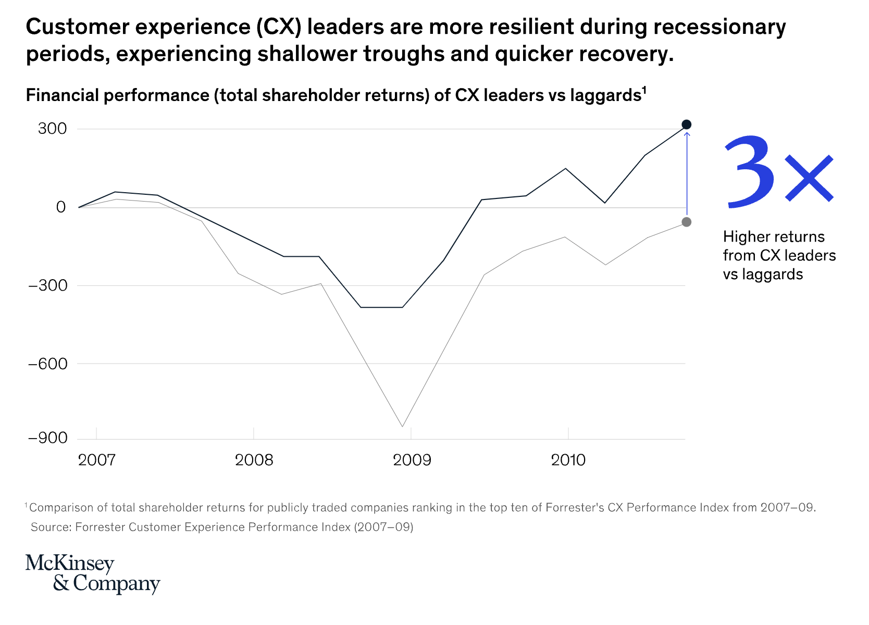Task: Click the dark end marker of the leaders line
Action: point(686,124)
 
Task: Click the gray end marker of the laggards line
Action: point(686,222)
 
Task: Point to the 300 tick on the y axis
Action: point(52,129)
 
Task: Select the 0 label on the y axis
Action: point(61,207)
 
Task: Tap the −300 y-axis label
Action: point(47,285)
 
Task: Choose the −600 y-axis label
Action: point(47,364)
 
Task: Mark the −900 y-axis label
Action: point(47,438)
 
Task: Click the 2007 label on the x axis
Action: point(97,460)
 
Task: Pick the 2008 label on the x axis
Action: point(254,460)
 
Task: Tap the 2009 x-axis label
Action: point(412,460)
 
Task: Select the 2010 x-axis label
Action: point(568,460)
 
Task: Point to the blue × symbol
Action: point(809,178)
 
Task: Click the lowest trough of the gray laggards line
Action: point(402,427)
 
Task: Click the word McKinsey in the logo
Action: point(70,564)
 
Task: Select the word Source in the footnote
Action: point(50,527)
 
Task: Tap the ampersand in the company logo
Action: point(60,583)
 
